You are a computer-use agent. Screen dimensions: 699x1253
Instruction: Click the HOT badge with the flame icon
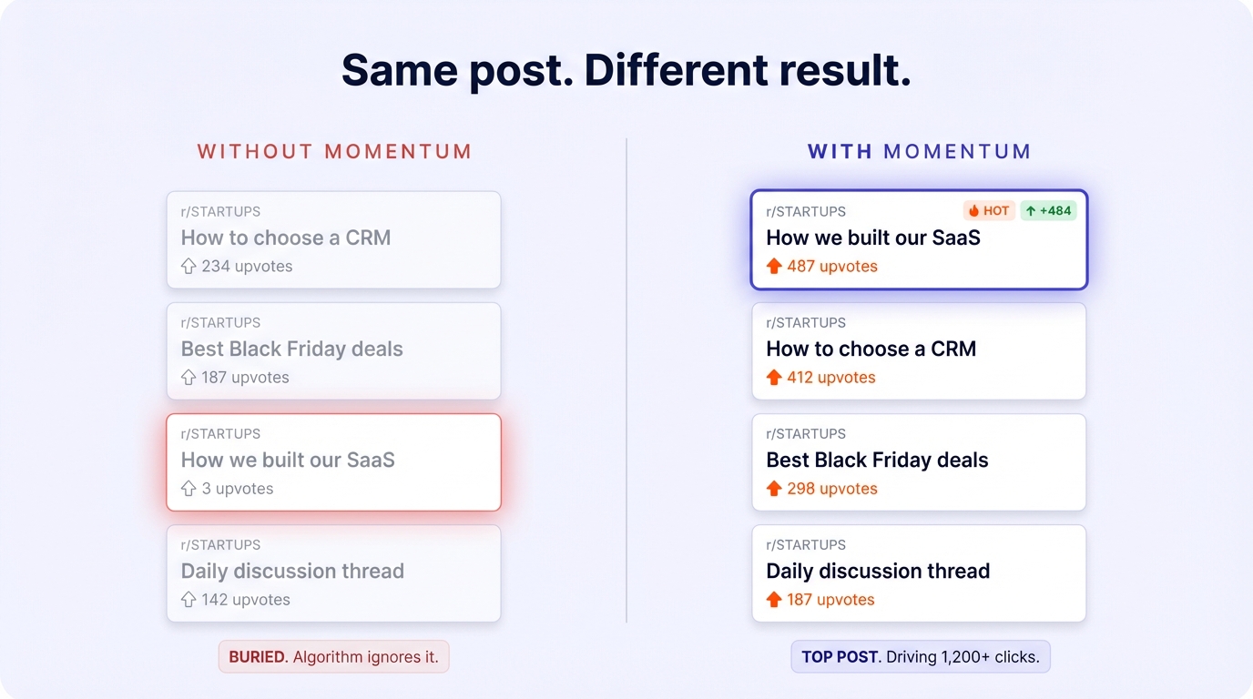point(989,211)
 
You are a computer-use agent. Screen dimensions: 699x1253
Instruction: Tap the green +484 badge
point(1048,211)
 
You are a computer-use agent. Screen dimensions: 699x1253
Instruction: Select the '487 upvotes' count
point(832,267)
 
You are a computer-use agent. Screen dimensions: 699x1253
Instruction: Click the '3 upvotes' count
point(238,489)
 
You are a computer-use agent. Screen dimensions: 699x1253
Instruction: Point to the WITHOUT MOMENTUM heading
point(334,151)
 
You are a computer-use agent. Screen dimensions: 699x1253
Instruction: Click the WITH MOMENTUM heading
point(919,151)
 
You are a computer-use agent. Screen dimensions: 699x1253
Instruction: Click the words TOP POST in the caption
point(840,656)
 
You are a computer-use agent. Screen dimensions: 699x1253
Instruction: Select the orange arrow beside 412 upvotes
point(774,377)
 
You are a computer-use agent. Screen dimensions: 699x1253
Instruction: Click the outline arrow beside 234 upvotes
point(188,267)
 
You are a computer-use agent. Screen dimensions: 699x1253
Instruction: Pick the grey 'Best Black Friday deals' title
point(291,349)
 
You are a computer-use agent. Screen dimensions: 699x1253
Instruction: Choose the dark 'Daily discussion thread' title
point(878,571)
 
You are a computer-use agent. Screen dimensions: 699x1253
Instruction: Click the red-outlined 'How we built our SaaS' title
point(288,460)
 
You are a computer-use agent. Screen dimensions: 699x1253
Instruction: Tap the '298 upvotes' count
point(832,489)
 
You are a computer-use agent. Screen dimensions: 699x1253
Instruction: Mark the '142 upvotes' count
point(246,600)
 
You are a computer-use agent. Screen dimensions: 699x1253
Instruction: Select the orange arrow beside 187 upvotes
point(774,600)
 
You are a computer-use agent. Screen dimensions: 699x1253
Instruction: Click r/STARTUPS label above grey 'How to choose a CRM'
point(220,211)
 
